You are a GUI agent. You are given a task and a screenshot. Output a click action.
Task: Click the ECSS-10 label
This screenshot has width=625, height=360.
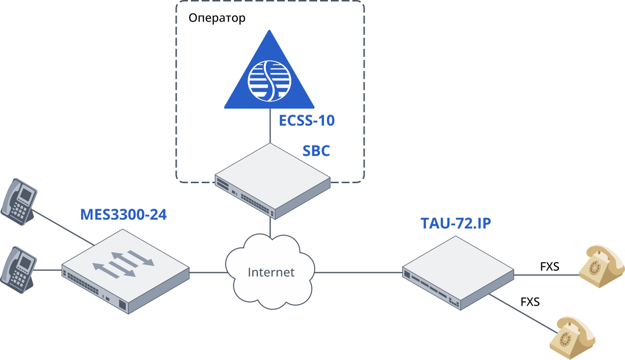306,120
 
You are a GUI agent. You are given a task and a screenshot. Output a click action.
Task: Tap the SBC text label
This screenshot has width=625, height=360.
316,151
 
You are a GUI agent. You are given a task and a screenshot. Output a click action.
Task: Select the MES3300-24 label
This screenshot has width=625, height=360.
123,215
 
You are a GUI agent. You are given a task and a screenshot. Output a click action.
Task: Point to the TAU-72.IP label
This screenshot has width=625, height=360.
456,223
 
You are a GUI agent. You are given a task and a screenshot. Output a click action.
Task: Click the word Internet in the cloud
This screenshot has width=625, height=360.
271,272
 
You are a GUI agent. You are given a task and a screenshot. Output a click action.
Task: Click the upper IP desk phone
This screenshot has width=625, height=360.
18,201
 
